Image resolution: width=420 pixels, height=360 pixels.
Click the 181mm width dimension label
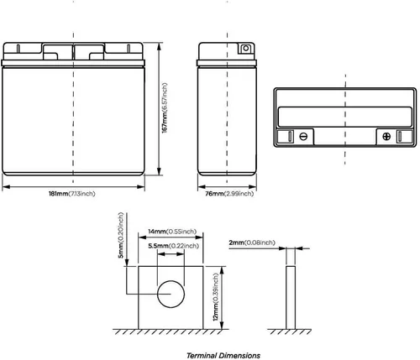pyautogui.click(x=72, y=194)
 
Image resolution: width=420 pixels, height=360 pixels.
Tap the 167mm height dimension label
pyautogui.click(x=165, y=108)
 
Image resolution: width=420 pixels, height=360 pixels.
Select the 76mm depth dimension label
pyautogui.click(x=229, y=194)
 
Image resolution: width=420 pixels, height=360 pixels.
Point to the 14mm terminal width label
pyautogui.click(x=172, y=232)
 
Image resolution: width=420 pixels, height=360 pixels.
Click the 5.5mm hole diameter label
pyautogui.click(x=174, y=246)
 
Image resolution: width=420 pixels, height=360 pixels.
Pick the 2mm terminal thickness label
pyautogui.click(x=252, y=243)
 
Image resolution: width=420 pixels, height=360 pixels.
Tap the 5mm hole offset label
pyautogui.click(x=121, y=235)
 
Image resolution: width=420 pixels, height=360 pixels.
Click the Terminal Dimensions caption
pyautogui.click(x=223, y=356)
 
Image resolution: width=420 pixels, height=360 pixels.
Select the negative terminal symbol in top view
pyautogui.click(x=303, y=137)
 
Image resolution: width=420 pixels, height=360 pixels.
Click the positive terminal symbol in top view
pyautogui.click(x=386, y=137)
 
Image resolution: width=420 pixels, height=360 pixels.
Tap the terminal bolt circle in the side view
pyautogui.click(x=246, y=49)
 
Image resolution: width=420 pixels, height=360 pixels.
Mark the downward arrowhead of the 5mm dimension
pyautogui.click(x=127, y=263)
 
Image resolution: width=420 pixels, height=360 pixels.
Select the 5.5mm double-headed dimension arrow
pyautogui.click(x=171, y=254)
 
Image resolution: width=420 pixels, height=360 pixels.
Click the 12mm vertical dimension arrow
pyautogui.click(x=222, y=298)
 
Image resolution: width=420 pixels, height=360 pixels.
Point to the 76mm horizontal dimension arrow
pyautogui.click(x=227, y=187)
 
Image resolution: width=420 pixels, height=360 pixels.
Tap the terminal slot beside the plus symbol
pyautogui.click(x=400, y=137)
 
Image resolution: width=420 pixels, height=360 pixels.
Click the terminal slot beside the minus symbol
pyautogui.click(x=290, y=137)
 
